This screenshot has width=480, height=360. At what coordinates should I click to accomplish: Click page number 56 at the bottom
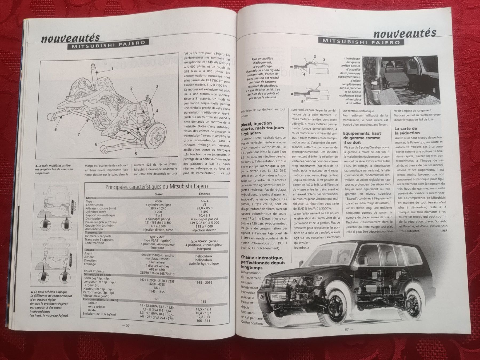127,325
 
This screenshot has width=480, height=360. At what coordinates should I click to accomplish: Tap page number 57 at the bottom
347,329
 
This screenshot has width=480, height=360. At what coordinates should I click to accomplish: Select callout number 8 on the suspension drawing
55,130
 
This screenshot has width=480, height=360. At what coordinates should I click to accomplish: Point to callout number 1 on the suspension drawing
112,69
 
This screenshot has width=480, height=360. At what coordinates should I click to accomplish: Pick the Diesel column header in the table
158,194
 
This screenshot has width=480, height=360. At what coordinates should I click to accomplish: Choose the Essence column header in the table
205,194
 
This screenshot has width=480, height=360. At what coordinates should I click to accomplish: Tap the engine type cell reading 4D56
158,201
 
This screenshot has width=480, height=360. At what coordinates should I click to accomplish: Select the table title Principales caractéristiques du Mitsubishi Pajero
157,186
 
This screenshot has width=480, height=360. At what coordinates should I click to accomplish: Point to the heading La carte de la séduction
407,131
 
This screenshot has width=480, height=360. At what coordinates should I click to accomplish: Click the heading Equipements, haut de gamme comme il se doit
362,138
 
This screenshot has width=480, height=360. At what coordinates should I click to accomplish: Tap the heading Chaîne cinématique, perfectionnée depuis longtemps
262,262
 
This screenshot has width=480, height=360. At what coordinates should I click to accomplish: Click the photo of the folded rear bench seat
401,80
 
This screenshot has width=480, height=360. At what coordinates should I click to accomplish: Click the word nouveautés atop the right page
405,33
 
